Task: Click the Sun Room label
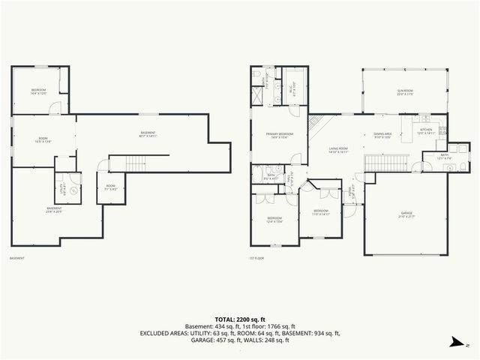(x=405, y=92)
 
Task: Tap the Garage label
(x=406, y=215)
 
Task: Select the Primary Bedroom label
(x=279, y=135)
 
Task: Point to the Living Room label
(x=338, y=150)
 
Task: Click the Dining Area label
(x=382, y=136)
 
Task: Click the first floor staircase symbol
(x=386, y=162)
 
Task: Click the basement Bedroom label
(x=39, y=92)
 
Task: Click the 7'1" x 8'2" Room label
(x=110, y=187)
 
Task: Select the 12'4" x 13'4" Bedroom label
(x=274, y=220)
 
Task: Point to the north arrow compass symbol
(x=456, y=342)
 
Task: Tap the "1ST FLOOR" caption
(x=256, y=259)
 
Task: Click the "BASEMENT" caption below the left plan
(x=16, y=259)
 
